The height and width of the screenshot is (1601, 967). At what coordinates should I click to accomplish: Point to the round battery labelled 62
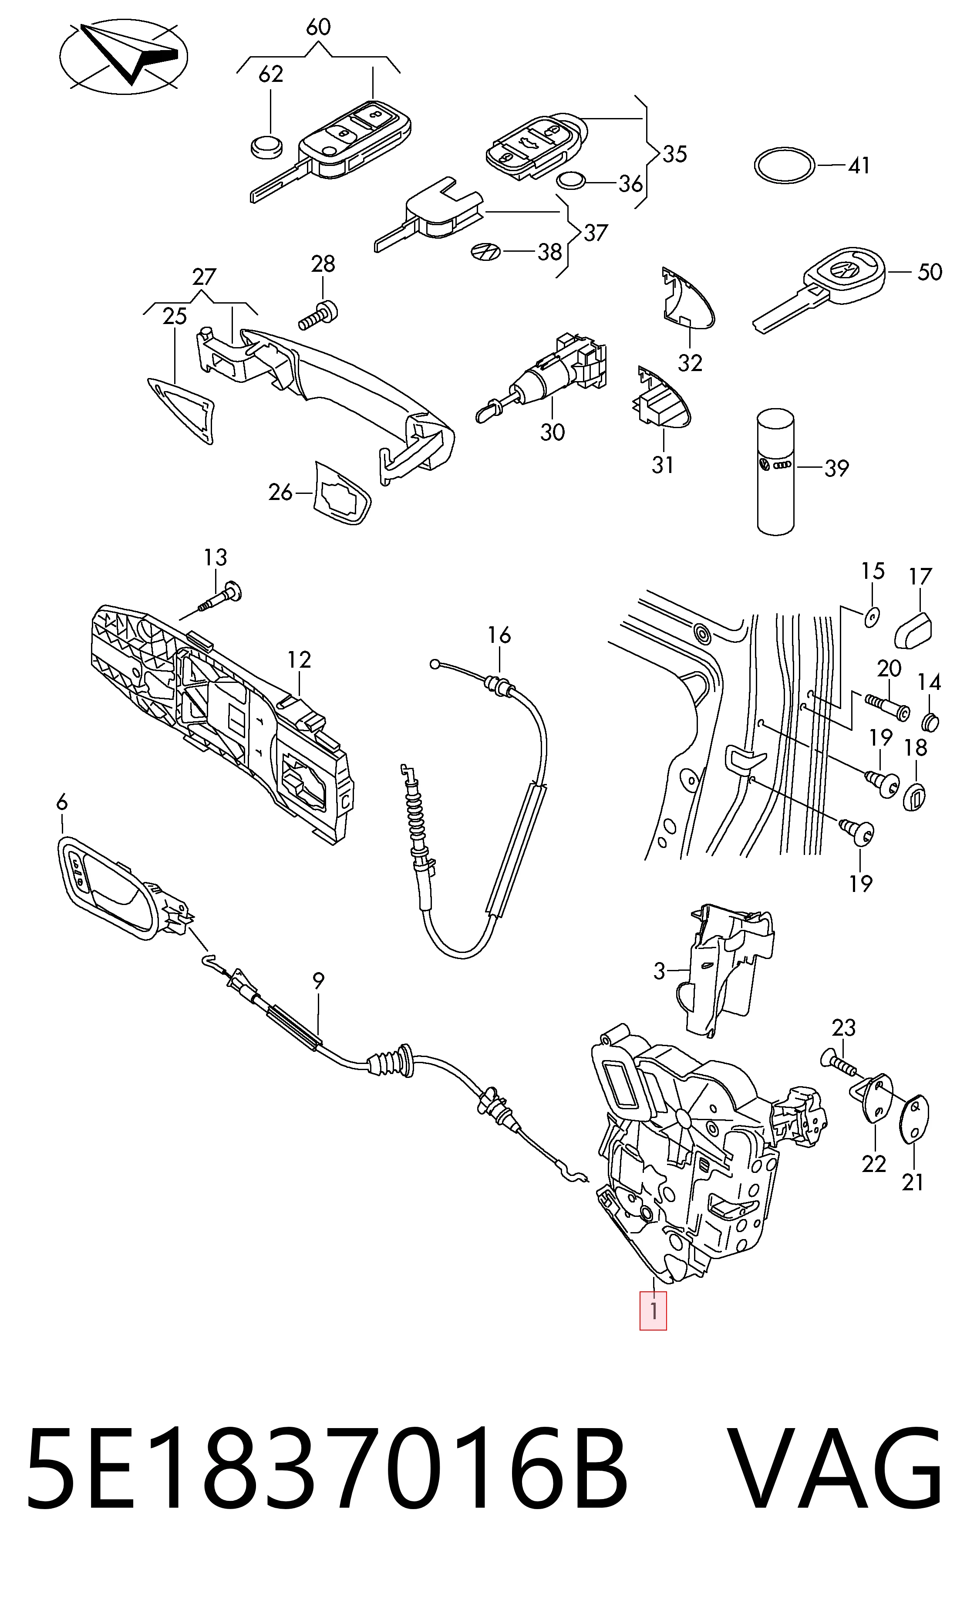(266, 146)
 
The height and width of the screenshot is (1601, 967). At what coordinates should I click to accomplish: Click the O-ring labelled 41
(785, 166)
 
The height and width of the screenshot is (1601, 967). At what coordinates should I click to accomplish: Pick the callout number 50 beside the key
(929, 272)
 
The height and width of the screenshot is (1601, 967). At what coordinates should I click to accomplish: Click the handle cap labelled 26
(341, 493)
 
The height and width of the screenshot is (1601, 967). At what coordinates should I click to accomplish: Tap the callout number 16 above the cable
(499, 635)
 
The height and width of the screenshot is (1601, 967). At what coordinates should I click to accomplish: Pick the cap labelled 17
(914, 629)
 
